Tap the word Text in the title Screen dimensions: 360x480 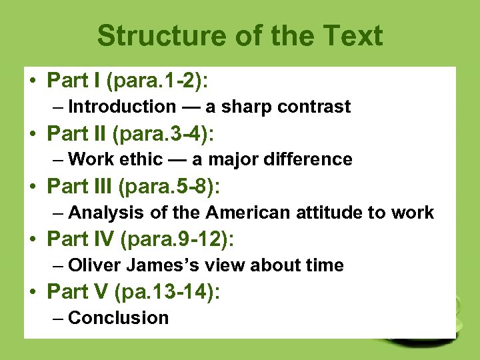click(354, 36)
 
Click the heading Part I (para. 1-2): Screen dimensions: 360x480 click(127, 81)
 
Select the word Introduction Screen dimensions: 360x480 click(121, 107)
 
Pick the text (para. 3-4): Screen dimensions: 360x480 click(164, 134)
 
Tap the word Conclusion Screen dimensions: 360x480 click(118, 318)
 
